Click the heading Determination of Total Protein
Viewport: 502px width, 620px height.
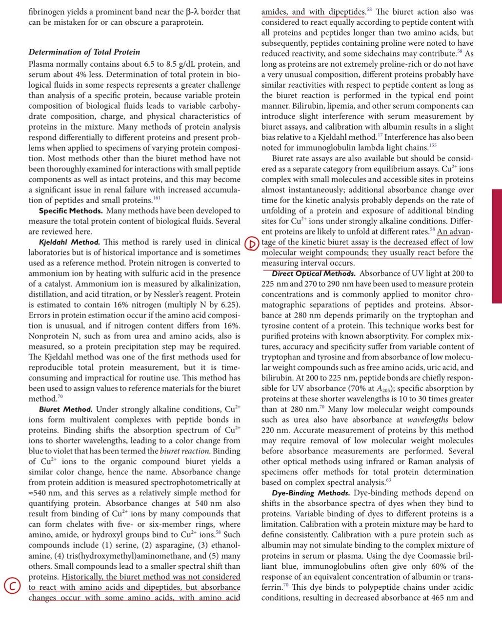84,52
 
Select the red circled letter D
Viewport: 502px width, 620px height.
250,243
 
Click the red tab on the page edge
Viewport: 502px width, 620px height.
497,246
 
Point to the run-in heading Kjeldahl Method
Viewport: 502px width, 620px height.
69,242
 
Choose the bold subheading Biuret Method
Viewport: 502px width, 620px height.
65,409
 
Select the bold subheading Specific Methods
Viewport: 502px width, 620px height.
71,211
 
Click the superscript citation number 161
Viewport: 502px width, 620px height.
157,198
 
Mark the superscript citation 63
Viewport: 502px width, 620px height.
388,480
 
